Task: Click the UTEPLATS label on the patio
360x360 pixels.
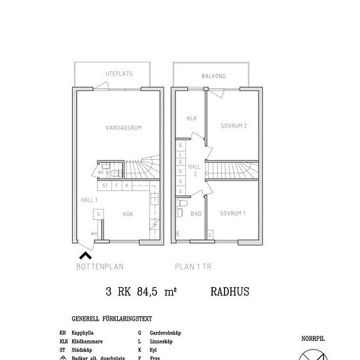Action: (x=119, y=74)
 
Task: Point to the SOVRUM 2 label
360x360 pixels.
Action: (x=234, y=126)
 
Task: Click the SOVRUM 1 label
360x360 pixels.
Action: (x=233, y=213)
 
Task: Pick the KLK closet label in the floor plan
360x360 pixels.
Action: (x=192, y=118)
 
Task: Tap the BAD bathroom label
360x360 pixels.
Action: (x=196, y=214)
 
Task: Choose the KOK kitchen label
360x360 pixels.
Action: (x=128, y=213)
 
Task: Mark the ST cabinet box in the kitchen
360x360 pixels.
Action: (x=104, y=186)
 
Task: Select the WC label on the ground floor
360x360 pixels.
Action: (x=102, y=173)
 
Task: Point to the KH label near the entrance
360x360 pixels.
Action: (x=94, y=233)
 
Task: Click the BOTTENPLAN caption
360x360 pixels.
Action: (x=100, y=266)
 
